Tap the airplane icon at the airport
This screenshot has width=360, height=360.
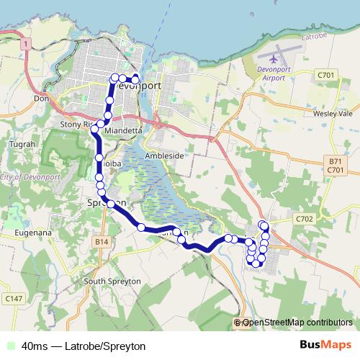274,56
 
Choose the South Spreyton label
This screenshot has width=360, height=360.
109,281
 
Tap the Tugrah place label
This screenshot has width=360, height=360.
18,145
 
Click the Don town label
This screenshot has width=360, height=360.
40,98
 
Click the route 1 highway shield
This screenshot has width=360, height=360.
25,45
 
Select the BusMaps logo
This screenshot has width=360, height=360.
325,346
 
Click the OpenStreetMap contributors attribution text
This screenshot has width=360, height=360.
297,323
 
